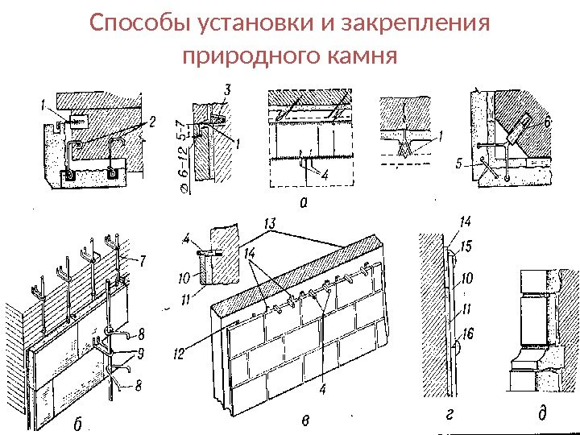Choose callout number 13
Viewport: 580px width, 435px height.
pos(271,222)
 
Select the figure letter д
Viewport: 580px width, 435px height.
pos(541,415)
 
